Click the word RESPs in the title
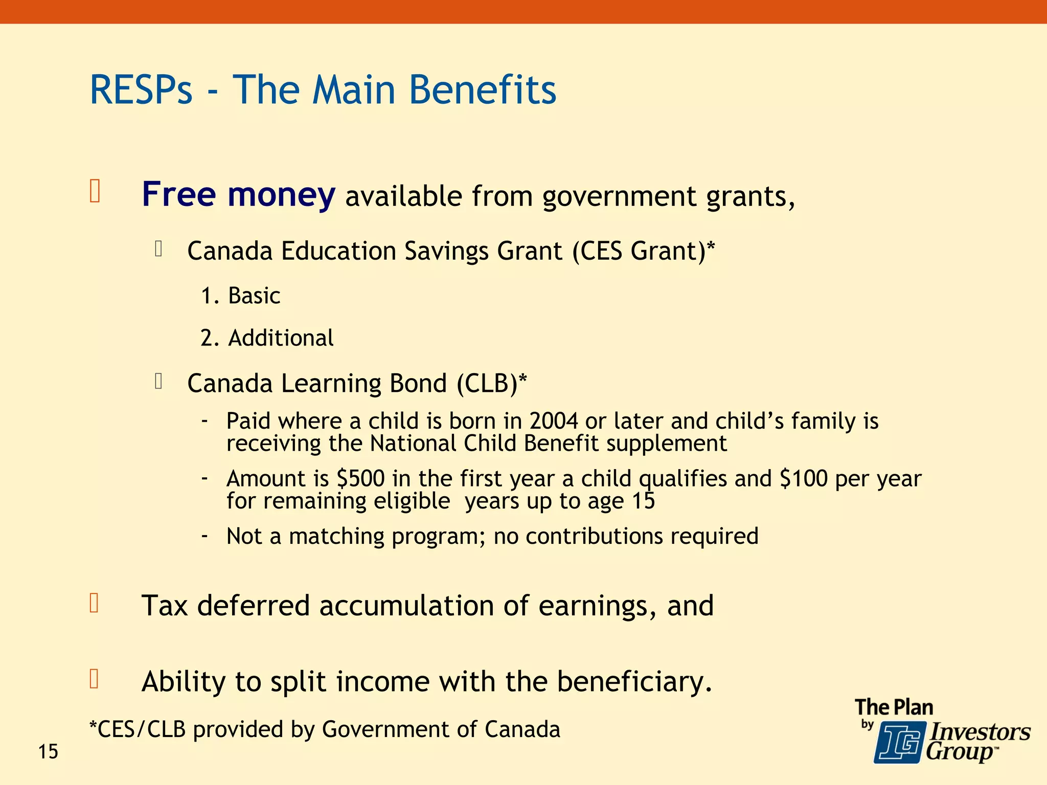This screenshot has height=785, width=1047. coord(141,90)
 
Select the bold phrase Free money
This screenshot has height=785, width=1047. coord(238,195)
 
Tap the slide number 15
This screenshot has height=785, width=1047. coord(49,752)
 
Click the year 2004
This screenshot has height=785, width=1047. coord(554,421)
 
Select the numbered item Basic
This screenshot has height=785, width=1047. coord(254,296)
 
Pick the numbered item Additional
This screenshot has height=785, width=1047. coord(281,338)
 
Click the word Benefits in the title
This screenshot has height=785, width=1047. coord(482,90)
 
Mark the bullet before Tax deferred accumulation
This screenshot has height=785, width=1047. coord(94,604)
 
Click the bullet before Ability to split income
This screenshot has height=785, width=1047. coord(94,679)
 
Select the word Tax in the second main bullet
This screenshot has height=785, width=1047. coord(165,606)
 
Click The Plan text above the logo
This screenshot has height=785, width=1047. coord(894,707)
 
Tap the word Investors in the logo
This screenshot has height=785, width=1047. coord(979,732)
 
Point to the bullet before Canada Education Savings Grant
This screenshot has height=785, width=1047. coord(158,249)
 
